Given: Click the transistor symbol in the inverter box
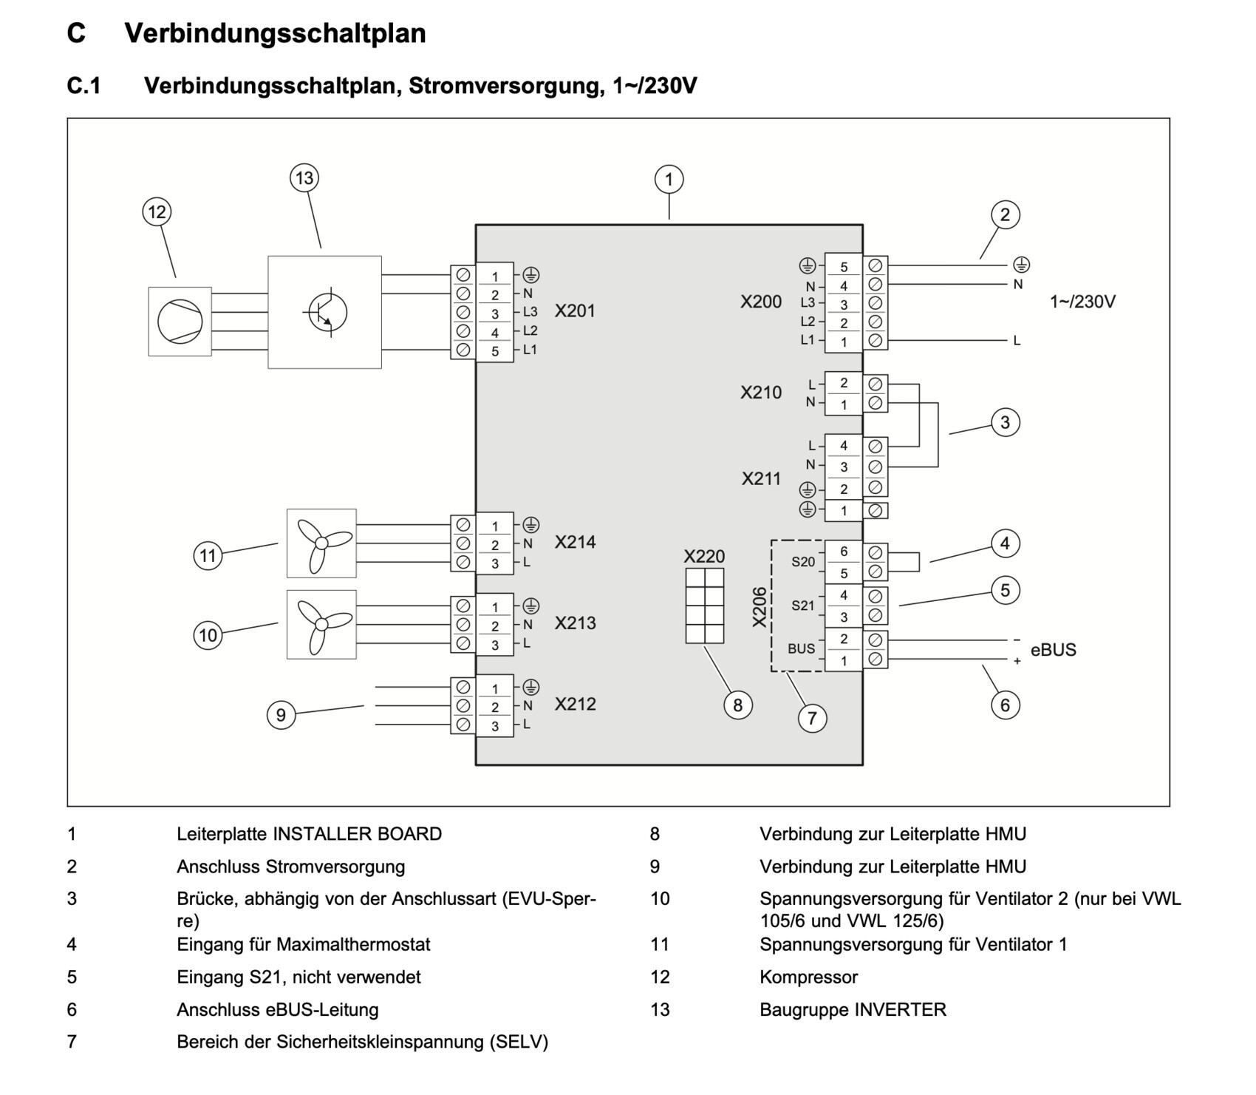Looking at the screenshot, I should [324, 311].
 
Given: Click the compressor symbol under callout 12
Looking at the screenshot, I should [180, 322].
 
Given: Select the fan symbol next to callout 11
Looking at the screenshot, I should [321, 543].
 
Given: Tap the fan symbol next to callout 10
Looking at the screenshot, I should [321, 624].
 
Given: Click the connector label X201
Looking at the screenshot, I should [575, 311].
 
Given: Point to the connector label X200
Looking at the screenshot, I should [761, 302].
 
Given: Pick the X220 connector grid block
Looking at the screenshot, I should [704, 606].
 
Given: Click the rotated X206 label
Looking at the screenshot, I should [760, 606].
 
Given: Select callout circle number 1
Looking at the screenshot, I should [669, 180].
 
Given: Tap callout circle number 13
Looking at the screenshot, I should [304, 178].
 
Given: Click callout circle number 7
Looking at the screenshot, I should [812, 718].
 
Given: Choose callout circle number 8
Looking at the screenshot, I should [737, 705].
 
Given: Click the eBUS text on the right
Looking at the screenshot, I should [1053, 650].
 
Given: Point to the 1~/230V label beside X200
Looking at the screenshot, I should [1082, 302].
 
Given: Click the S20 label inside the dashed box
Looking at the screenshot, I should [803, 562].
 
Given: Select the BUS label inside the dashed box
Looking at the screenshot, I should [801, 649].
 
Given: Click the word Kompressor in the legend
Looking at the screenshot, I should [808, 977].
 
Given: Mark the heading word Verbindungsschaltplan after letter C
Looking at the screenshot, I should [275, 33].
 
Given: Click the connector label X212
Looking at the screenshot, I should [575, 704].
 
